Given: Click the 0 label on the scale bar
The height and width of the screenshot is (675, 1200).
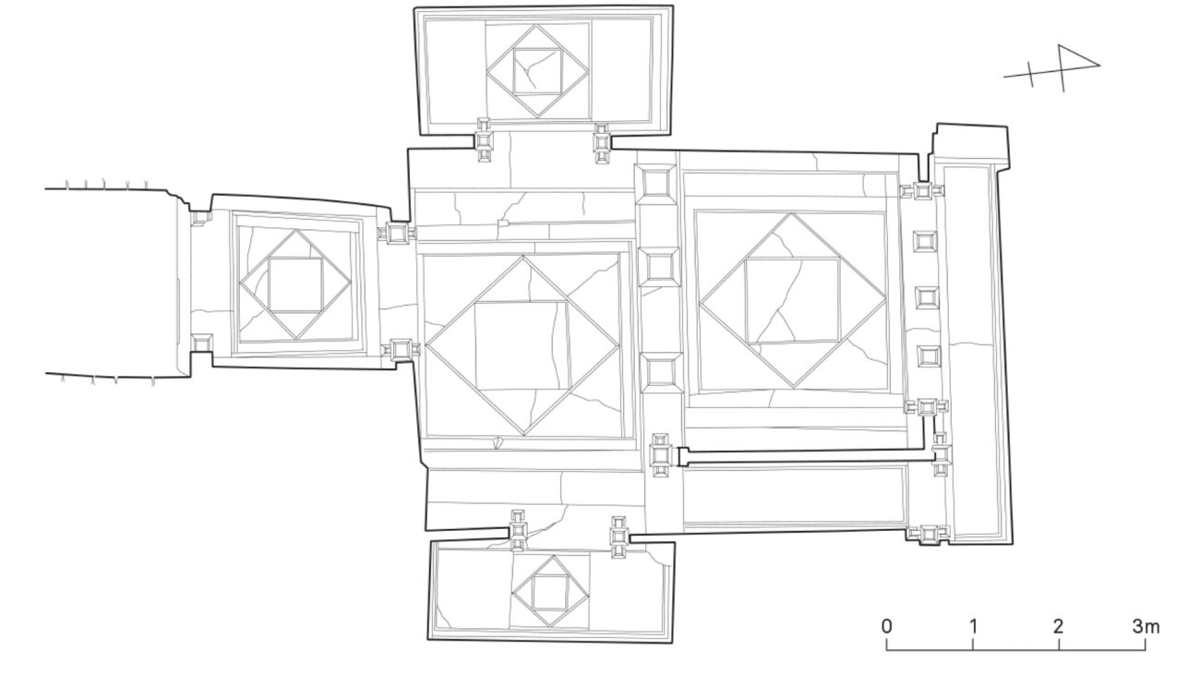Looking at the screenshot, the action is coord(887,626).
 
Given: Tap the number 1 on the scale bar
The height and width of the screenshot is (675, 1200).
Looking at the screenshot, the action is coord(973,626).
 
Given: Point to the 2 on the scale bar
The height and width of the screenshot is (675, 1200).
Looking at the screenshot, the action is coord(1059,626).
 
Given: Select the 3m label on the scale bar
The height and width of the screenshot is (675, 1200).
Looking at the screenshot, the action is coord(1146,626).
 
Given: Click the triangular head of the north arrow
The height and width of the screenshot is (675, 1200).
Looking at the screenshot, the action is coord(1077,59).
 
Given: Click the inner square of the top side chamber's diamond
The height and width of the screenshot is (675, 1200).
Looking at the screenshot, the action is coord(538,71).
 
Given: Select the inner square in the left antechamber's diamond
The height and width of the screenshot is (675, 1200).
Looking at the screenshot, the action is coord(295,284).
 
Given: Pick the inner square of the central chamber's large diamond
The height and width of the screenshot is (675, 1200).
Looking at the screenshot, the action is coord(522,346).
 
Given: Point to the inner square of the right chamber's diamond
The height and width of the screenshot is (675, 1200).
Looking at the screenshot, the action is coord(793,300).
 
